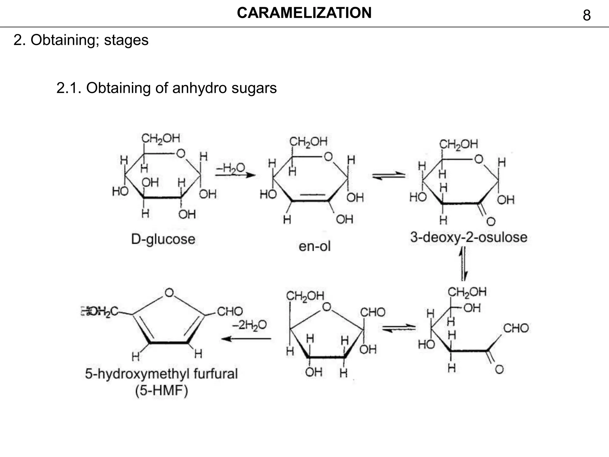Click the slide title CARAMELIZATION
tap(304, 13)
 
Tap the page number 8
tap(586, 15)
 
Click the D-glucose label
tap(163, 239)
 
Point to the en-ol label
tap(314, 246)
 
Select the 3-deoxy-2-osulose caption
tap(469, 237)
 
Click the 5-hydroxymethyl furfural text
tap(161, 374)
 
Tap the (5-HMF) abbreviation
tap(161, 391)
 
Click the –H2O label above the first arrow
tap(230, 168)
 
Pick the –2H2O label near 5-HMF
tap(249, 325)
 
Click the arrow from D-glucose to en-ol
tap(235, 175)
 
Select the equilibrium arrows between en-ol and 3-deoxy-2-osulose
tap(389, 176)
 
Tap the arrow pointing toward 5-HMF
tap(246, 339)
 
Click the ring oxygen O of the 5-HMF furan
tap(169, 293)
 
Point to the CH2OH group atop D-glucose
tap(161, 138)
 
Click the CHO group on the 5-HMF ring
tap(230, 312)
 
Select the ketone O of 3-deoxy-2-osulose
tap(491, 221)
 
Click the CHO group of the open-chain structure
tap(516, 328)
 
